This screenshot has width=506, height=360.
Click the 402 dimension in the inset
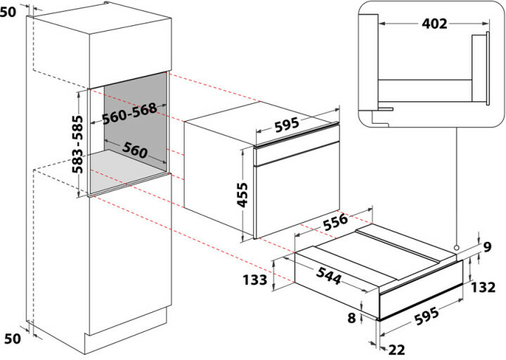pyautogui.click(x=434, y=24)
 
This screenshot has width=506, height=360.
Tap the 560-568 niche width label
pyautogui.click(x=129, y=113)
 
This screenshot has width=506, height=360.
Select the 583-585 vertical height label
pyautogui.click(x=77, y=144)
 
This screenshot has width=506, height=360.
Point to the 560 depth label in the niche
pyautogui.click(x=135, y=150)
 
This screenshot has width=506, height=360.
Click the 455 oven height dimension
pyautogui.click(x=242, y=195)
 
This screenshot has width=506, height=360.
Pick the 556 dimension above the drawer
pyautogui.click(x=336, y=221)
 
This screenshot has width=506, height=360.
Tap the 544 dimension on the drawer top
pyautogui.click(x=328, y=276)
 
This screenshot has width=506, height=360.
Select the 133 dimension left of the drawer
pyautogui.click(x=255, y=280)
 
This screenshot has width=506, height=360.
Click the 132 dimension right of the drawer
pyautogui.click(x=483, y=287)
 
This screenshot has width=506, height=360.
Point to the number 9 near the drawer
pyautogui.click(x=487, y=247)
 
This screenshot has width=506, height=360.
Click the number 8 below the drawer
pyautogui.click(x=351, y=318)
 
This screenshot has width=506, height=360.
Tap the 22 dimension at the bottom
pyautogui.click(x=396, y=349)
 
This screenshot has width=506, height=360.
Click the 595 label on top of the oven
pyautogui.click(x=287, y=125)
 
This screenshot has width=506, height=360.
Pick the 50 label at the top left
pyautogui.click(x=8, y=12)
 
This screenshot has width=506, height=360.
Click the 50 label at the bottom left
pyautogui.click(x=13, y=338)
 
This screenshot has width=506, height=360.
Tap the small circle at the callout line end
pyautogui.click(x=456, y=247)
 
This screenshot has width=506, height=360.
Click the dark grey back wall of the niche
pyautogui.click(x=136, y=117)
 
